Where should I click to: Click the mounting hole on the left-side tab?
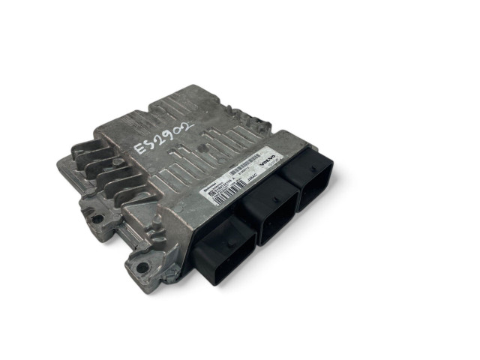[x=97, y=218]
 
